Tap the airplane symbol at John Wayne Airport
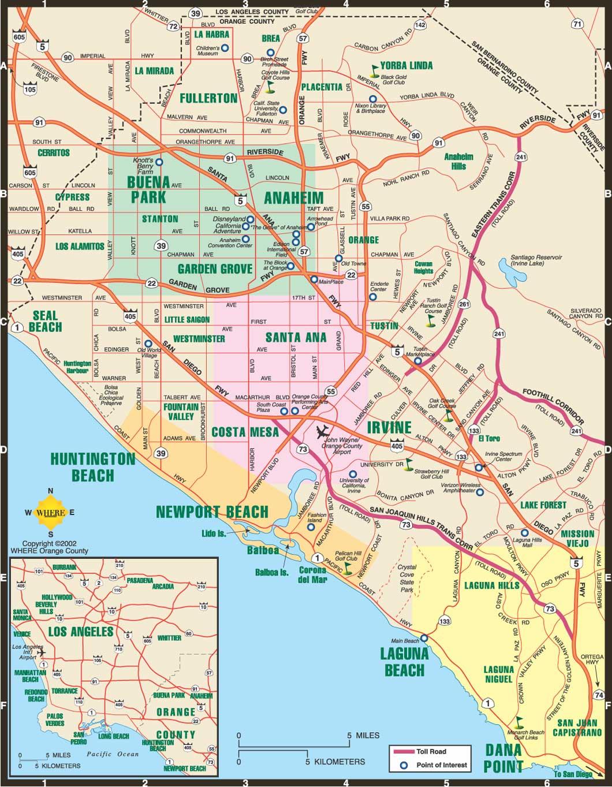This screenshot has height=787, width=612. (x=323, y=431)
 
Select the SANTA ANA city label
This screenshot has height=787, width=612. (x=296, y=337)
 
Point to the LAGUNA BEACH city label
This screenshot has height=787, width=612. (x=404, y=662)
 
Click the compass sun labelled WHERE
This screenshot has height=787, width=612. (x=50, y=512)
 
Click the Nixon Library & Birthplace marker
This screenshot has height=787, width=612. (x=372, y=99)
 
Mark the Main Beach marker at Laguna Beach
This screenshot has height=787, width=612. (x=424, y=638)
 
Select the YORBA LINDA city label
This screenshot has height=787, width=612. (x=406, y=65)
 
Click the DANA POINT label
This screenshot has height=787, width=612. (x=503, y=759)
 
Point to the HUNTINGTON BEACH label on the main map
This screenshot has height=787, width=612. (x=92, y=467)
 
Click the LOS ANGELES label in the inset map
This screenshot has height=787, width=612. (x=80, y=632)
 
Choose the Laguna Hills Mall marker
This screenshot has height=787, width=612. (x=524, y=533)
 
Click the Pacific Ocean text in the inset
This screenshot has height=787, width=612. (x=113, y=754)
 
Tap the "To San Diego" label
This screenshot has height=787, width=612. (x=573, y=774)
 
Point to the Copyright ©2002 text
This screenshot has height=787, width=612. (x=49, y=543)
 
